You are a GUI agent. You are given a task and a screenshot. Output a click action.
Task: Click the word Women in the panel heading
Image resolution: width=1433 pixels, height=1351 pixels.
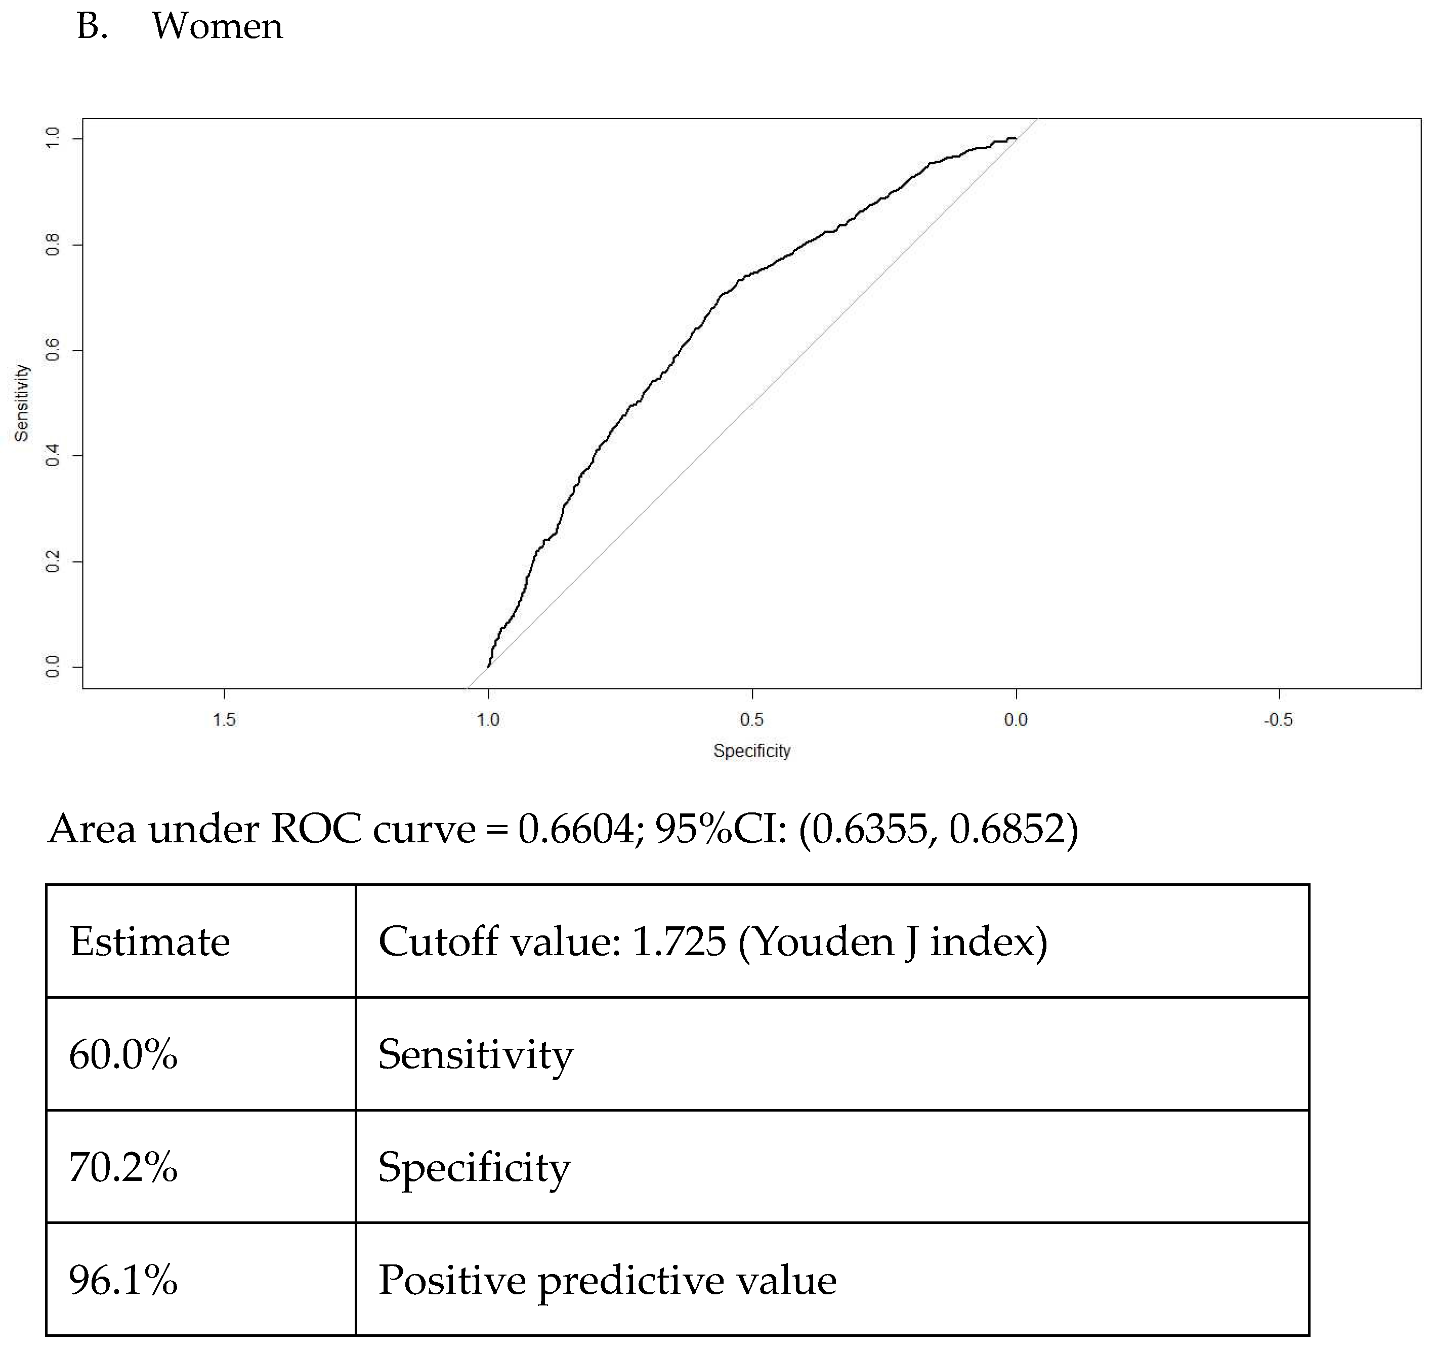click(217, 27)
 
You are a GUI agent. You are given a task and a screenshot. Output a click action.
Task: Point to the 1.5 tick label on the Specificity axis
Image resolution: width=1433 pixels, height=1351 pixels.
click(224, 719)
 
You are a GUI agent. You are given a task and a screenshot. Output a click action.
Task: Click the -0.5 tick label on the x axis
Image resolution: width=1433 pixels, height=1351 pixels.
click(1278, 719)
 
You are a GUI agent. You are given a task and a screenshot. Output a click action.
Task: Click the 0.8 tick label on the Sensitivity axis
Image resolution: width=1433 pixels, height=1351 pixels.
click(53, 244)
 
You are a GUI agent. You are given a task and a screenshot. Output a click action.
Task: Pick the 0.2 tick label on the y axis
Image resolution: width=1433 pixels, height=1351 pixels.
click(53, 561)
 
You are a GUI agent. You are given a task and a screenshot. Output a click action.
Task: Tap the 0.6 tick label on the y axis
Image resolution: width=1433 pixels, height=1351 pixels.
click(53, 350)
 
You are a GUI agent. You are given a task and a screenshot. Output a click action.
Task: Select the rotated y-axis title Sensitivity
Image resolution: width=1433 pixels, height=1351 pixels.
click(22, 402)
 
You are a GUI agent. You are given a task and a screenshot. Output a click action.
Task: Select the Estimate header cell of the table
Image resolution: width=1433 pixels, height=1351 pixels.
click(150, 941)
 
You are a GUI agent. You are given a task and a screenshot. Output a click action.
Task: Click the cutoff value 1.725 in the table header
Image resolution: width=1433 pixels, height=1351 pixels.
click(678, 941)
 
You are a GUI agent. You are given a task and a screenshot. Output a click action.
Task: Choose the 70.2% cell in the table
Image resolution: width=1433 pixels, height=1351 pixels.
click(123, 1167)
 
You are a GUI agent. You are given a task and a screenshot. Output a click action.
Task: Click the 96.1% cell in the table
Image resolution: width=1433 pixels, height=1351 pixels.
click(123, 1280)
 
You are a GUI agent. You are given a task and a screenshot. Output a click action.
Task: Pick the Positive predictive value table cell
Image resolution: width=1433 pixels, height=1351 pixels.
click(607, 1280)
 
